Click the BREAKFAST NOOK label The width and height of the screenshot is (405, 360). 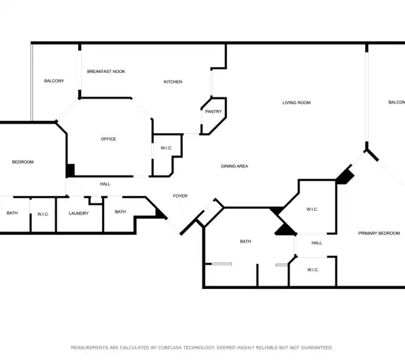(x=106, y=72)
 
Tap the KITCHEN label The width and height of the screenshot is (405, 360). (x=173, y=82)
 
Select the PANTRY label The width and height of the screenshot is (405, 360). (x=213, y=111)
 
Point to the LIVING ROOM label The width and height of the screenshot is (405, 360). (x=296, y=103)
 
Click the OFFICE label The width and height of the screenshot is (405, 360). (x=108, y=139)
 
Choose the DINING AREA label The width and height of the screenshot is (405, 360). (x=234, y=166)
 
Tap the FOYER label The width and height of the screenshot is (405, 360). (x=180, y=196)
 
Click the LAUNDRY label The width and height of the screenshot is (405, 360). (x=78, y=213)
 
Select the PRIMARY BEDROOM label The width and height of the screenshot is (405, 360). (x=379, y=233)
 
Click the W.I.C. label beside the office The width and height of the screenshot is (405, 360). (x=166, y=148)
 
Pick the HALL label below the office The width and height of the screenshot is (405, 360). (x=105, y=184)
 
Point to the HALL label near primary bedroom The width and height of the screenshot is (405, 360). (x=317, y=243)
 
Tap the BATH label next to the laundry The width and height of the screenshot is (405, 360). (x=120, y=211)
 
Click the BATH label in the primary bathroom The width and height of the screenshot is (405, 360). (x=246, y=241)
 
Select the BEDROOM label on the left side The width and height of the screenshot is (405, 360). (x=23, y=162)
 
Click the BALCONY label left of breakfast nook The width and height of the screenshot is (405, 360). (x=54, y=81)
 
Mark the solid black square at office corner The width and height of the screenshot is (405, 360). (x=70, y=170)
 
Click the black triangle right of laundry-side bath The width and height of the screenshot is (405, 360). (x=160, y=213)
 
